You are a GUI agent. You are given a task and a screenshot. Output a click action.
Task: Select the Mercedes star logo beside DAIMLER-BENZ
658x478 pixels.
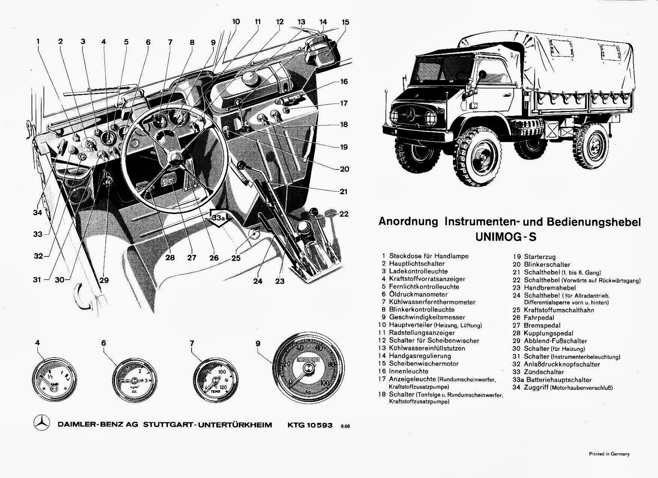pyautogui.click(x=42, y=424)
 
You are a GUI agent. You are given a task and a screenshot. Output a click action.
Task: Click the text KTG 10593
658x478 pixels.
pyautogui.click(x=310, y=425)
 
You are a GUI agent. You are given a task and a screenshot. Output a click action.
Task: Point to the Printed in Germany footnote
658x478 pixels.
pyautogui.click(x=609, y=454)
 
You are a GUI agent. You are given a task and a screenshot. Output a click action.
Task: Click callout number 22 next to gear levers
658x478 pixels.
pyautogui.click(x=344, y=214)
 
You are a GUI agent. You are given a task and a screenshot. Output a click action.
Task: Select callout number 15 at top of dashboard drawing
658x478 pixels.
pyautogui.click(x=345, y=22)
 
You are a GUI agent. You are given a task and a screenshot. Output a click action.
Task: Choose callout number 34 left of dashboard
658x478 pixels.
pyautogui.click(x=37, y=213)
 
